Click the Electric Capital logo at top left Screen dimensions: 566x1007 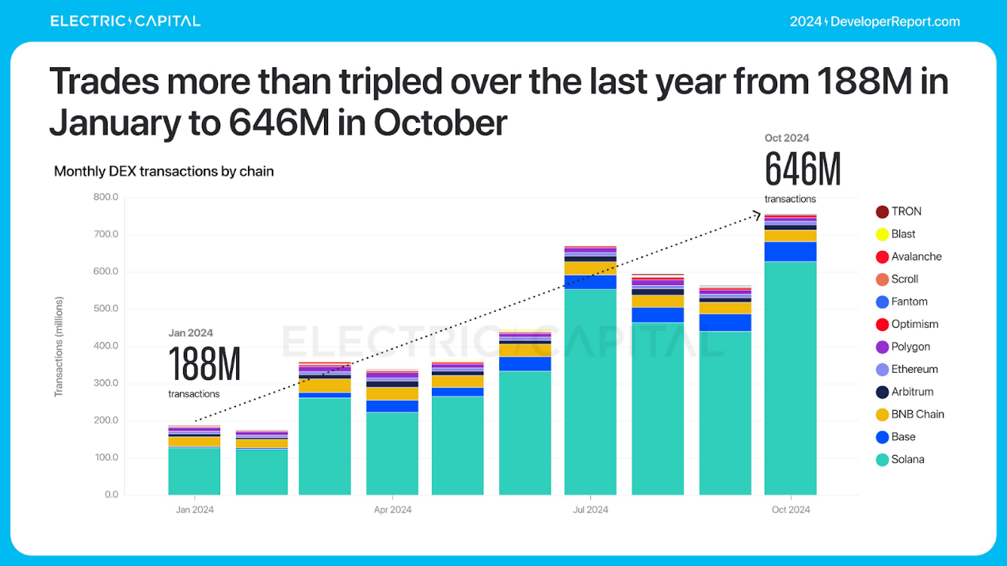tap(125, 21)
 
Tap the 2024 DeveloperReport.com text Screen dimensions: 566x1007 tap(875, 21)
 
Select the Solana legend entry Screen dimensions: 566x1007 tap(899, 459)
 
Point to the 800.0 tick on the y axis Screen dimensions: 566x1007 tap(105, 197)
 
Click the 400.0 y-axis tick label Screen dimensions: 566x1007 tap(105, 346)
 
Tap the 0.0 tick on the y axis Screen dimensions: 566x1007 tap(110, 495)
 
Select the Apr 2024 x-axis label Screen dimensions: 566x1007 tap(393, 510)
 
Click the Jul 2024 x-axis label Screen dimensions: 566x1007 tap(590, 510)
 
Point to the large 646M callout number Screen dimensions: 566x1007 tap(802, 169)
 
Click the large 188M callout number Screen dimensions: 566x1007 tap(204, 365)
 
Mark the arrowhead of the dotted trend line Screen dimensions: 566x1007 tap(756, 213)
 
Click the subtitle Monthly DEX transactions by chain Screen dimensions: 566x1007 tap(164, 171)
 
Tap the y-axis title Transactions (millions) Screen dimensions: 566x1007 tap(59, 346)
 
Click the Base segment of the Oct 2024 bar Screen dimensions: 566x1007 tap(790, 252)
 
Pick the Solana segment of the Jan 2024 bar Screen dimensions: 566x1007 tap(194, 471)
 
